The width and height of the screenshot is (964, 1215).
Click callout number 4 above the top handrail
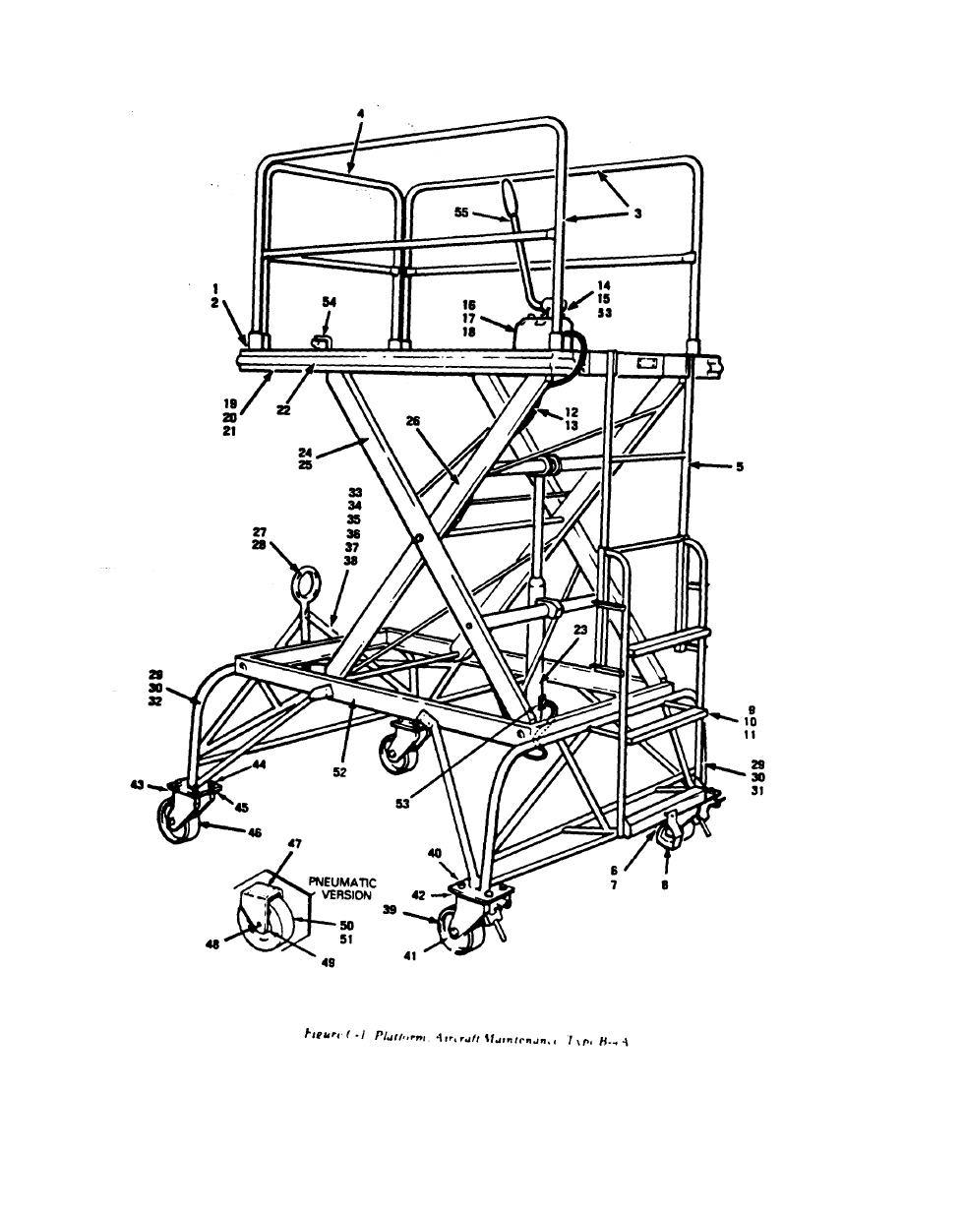point(360,114)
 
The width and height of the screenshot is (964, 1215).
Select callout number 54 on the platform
point(329,302)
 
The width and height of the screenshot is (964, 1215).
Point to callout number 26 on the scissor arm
point(413,421)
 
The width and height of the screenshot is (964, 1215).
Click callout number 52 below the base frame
point(338,772)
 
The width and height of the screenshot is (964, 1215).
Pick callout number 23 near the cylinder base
point(579,633)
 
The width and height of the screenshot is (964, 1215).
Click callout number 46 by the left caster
point(255,832)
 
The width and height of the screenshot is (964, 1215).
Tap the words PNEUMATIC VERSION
point(342,888)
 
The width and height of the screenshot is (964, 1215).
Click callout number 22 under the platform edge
point(283,411)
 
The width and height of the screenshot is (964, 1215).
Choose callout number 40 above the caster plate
point(434,853)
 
